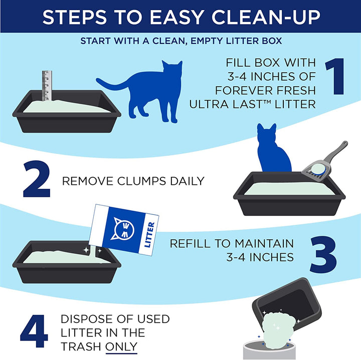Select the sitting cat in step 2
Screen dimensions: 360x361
(273, 150)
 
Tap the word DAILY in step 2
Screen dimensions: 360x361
(185, 181)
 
